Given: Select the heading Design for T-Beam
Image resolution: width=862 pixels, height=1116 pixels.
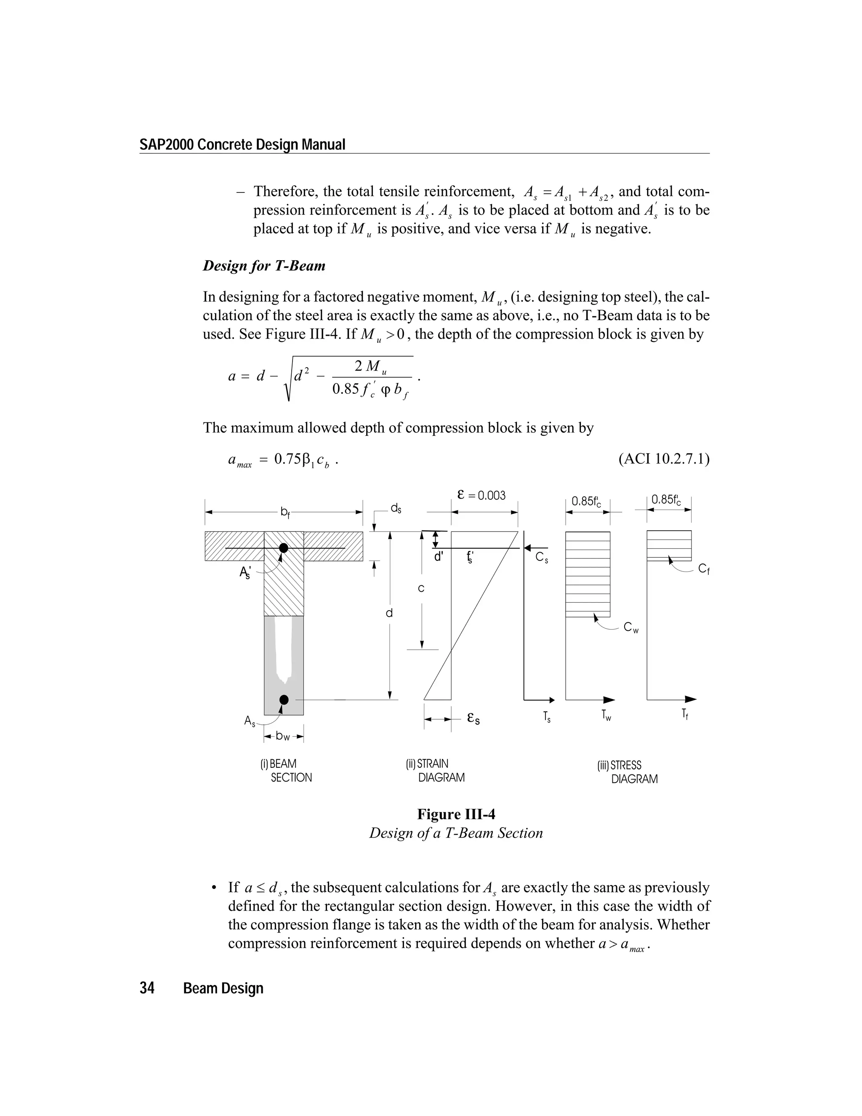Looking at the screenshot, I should [264, 266].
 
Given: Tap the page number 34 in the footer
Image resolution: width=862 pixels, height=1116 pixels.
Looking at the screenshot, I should [147, 988].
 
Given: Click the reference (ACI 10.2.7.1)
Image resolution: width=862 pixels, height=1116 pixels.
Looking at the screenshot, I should [663, 459].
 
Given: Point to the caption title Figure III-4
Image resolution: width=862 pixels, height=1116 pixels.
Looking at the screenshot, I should [456, 814].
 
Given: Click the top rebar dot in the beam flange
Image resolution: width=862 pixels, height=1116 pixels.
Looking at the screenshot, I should [283, 548].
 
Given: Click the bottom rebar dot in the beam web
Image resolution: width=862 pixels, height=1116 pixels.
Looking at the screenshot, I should [284, 700].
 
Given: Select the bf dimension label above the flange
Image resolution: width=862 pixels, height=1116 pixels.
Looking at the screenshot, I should [285, 512].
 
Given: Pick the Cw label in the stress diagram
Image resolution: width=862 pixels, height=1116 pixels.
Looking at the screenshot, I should [631, 628].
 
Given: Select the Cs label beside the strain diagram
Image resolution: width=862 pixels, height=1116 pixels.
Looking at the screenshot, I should [542, 558].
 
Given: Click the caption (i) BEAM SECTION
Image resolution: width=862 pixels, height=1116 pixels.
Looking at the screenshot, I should [285, 771].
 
